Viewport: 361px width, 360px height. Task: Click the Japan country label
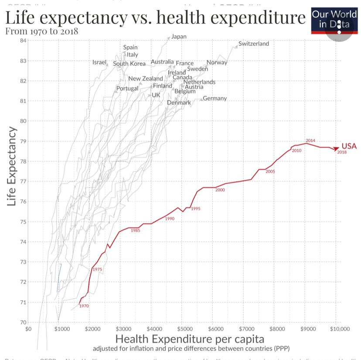[179, 37]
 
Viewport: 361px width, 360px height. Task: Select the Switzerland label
[254, 44]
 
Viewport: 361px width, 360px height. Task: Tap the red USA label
[349, 146]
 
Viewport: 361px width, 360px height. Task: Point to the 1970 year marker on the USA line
[84, 306]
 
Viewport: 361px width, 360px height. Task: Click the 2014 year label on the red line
[310, 141]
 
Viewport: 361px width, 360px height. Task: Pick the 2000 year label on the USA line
[220, 190]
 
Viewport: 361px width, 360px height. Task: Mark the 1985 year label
[135, 230]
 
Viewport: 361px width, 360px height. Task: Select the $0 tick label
[29, 329]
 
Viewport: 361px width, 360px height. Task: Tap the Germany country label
[215, 98]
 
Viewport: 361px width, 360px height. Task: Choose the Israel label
[99, 62]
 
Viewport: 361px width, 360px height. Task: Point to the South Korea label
[129, 64]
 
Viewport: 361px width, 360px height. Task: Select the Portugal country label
[127, 89]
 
